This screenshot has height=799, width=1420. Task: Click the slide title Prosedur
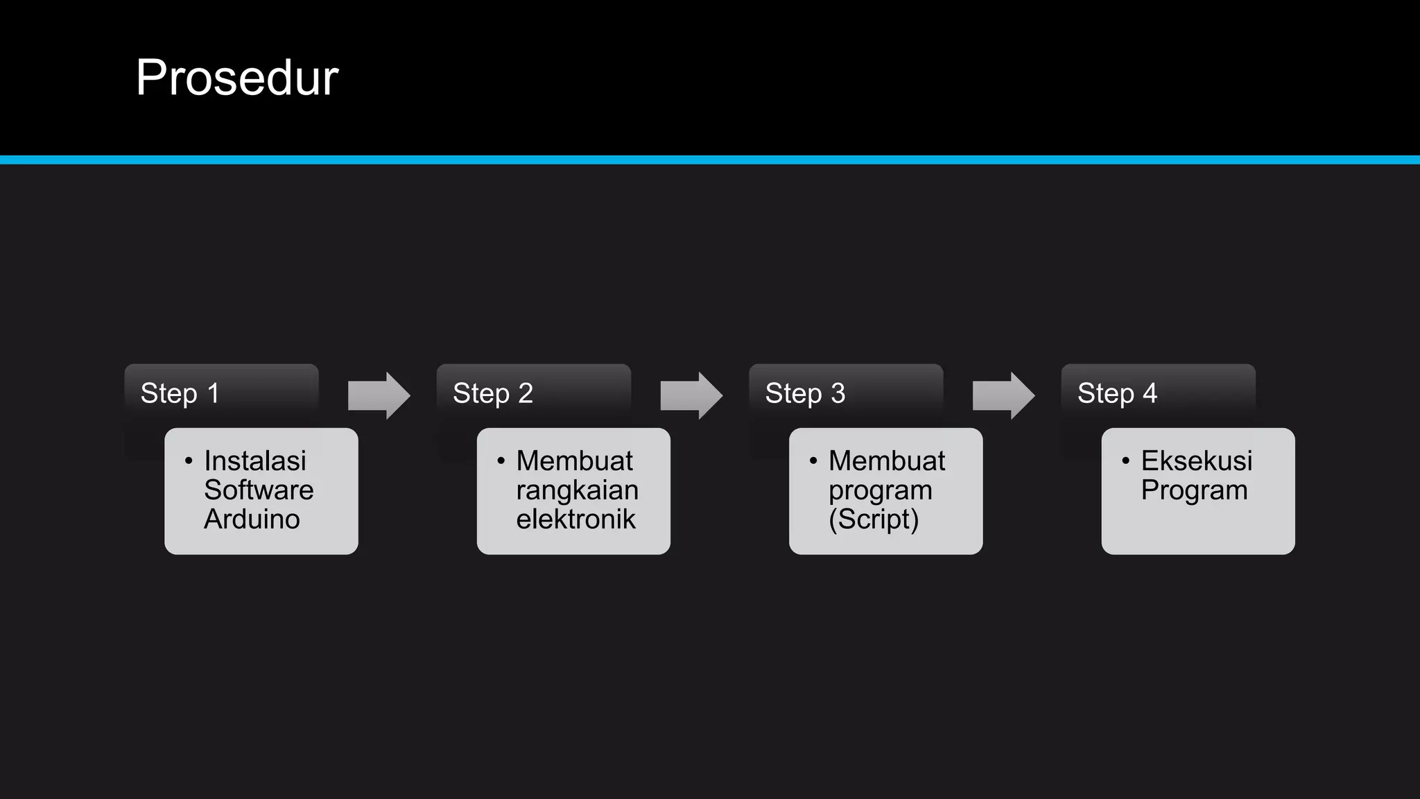[x=237, y=78]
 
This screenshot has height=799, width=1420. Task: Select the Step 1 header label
[x=180, y=393]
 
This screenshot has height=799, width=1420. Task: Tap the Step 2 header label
[x=492, y=393]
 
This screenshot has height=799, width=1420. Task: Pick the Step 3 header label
[x=805, y=393]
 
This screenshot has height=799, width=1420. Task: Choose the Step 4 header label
[x=1117, y=393]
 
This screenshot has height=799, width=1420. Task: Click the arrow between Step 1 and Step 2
[x=379, y=395]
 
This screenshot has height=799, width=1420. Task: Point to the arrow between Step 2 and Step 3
[x=691, y=395]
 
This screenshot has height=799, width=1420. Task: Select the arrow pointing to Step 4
[x=1003, y=395]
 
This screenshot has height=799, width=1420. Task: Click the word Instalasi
[x=254, y=461]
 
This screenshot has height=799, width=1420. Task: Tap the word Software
[x=259, y=490]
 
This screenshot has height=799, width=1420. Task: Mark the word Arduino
[x=252, y=519]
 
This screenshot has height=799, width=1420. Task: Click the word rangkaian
[x=577, y=490]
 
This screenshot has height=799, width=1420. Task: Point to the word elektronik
[x=575, y=519]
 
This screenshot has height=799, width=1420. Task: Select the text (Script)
[x=874, y=519]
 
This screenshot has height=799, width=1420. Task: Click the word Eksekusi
[x=1197, y=461]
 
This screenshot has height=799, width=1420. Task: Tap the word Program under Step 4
[x=1194, y=490]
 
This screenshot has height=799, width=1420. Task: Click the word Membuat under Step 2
[x=574, y=461]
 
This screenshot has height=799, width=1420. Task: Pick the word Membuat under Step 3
[x=887, y=461]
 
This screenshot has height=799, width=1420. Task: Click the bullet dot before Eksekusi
[x=1125, y=461]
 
